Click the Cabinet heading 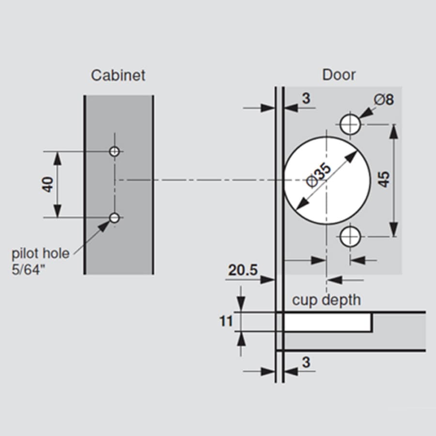pos(118,76)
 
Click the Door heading pos(339,75)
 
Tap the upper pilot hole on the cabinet pos(114,152)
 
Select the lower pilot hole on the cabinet pos(114,218)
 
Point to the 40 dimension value pos(47,185)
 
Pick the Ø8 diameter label pos(384,99)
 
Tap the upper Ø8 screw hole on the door pos(350,125)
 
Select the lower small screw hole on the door pos(350,237)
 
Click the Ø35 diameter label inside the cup pos(319,176)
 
